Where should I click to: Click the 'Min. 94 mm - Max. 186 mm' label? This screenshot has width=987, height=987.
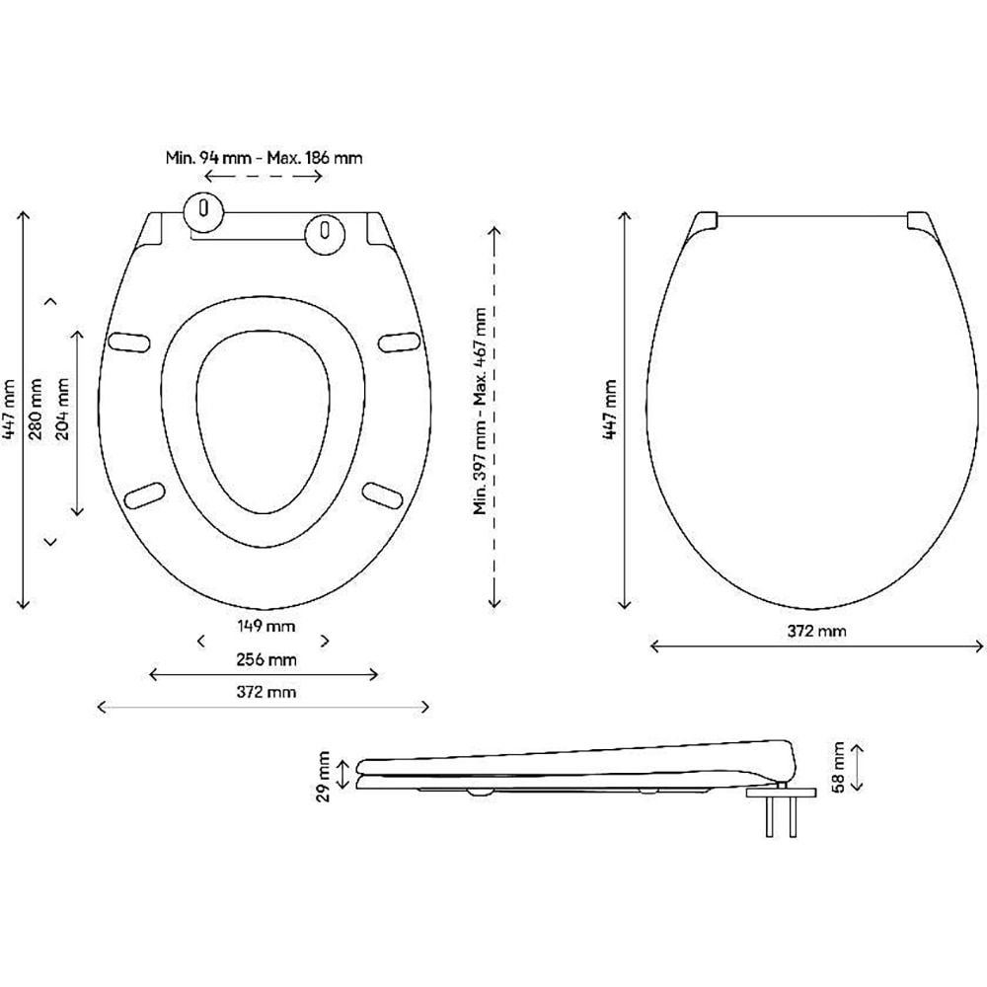(264, 157)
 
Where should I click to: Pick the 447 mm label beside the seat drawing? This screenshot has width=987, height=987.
(9, 409)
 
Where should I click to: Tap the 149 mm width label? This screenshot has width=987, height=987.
(265, 626)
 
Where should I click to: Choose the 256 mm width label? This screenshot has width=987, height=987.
(265, 659)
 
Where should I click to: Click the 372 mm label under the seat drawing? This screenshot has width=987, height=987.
(265, 691)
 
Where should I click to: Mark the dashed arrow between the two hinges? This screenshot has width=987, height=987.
(264, 177)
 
